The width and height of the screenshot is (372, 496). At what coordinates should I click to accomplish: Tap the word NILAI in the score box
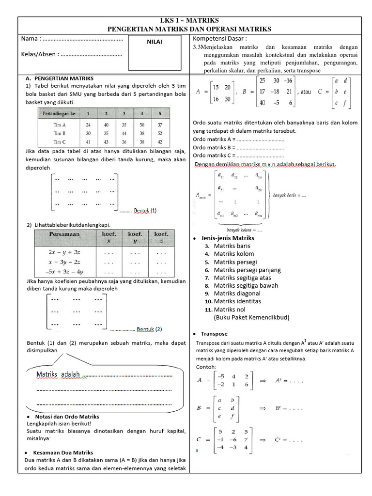pos(155,42)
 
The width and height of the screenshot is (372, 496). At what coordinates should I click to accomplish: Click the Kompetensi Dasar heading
pos(220,38)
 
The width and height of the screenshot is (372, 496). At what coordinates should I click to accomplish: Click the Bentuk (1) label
pos(145,211)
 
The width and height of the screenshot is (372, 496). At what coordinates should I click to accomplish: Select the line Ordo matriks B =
pos(214,147)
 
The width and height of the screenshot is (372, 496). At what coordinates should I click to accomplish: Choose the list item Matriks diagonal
pos(237,293)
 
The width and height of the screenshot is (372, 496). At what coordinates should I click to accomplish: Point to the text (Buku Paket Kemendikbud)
pos(251,317)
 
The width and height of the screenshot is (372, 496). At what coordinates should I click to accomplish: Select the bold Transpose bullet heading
pos(215,334)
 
